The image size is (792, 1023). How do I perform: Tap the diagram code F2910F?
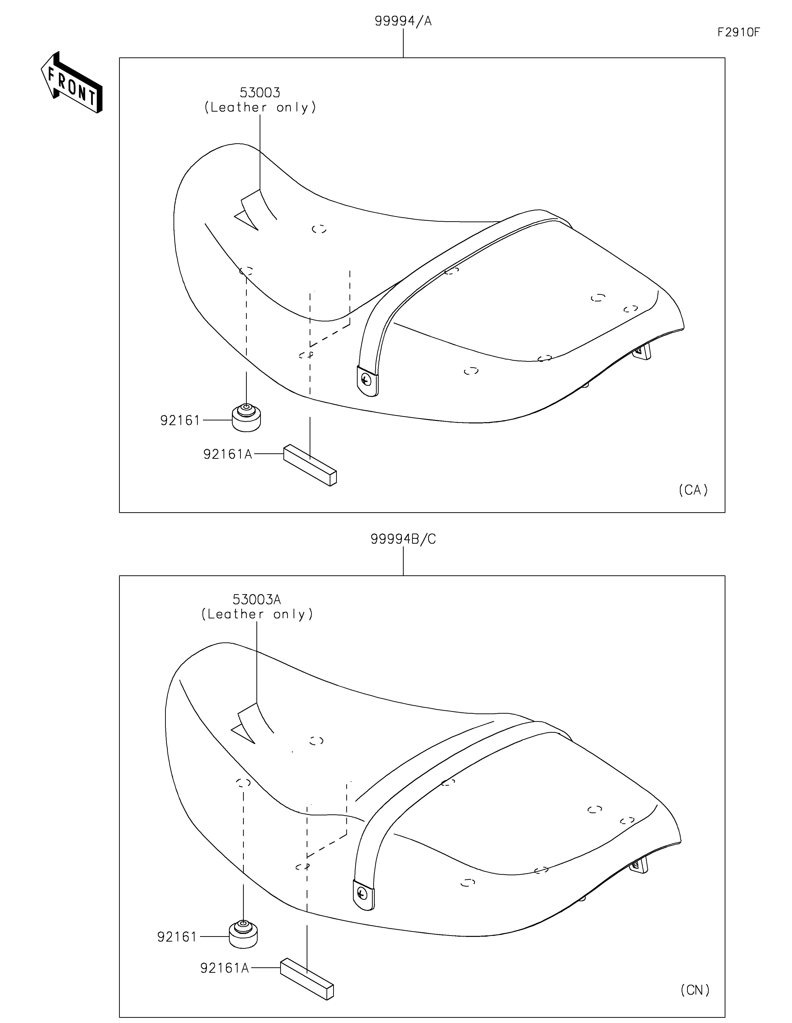(739, 32)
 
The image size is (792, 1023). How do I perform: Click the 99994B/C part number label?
(403, 539)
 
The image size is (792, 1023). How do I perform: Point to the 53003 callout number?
(260, 92)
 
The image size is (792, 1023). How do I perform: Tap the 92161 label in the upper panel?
(180, 421)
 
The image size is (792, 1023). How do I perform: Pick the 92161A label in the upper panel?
(228, 454)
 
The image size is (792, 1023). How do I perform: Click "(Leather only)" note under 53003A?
(257, 614)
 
